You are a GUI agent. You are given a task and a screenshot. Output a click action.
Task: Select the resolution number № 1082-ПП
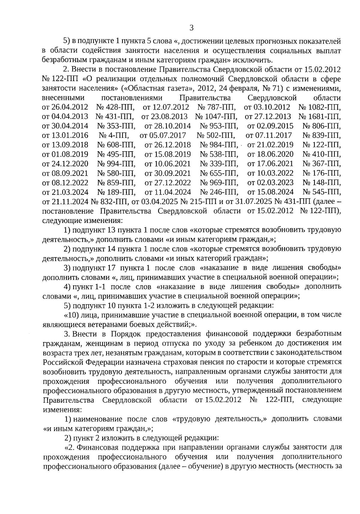(x=320, y=107)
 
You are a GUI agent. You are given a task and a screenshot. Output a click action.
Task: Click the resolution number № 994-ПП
(x=116, y=164)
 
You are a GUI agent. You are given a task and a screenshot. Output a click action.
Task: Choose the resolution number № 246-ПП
(x=219, y=192)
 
